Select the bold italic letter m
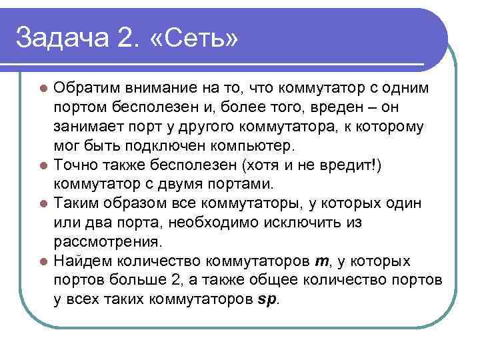tap(319, 261)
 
